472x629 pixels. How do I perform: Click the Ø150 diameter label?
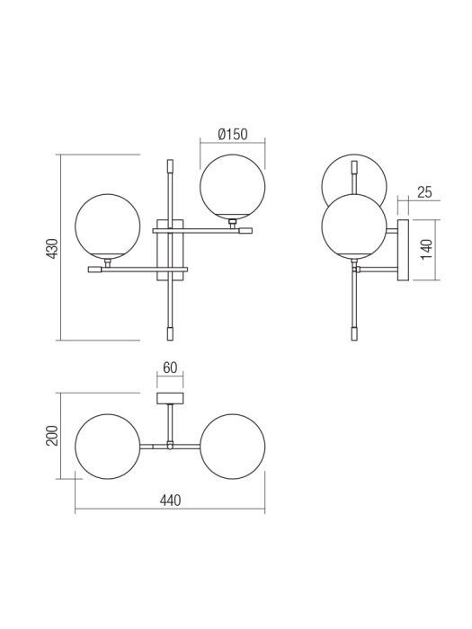(232, 135)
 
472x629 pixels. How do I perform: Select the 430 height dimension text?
(52, 248)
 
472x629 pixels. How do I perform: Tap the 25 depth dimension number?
(425, 192)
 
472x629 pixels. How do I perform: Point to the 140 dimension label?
(428, 249)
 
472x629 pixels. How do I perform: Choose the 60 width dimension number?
(170, 367)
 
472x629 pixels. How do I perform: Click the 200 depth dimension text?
(52, 436)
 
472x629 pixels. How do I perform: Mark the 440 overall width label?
(169, 501)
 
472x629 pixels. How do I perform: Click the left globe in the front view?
(108, 226)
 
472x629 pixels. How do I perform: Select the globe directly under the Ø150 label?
(232, 186)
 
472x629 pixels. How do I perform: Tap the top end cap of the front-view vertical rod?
(170, 165)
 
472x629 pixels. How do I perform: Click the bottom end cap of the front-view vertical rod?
(170, 332)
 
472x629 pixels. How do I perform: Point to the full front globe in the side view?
(354, 229)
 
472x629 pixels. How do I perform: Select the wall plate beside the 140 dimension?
(403, 249)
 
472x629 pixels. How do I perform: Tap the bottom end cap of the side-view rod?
(354, 332)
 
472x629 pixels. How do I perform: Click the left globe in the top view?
(108, 447)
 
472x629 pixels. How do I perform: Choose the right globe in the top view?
(232, 447)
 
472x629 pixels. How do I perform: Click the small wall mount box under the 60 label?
(170, 398)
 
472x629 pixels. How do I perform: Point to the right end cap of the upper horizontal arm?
(245, 231)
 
